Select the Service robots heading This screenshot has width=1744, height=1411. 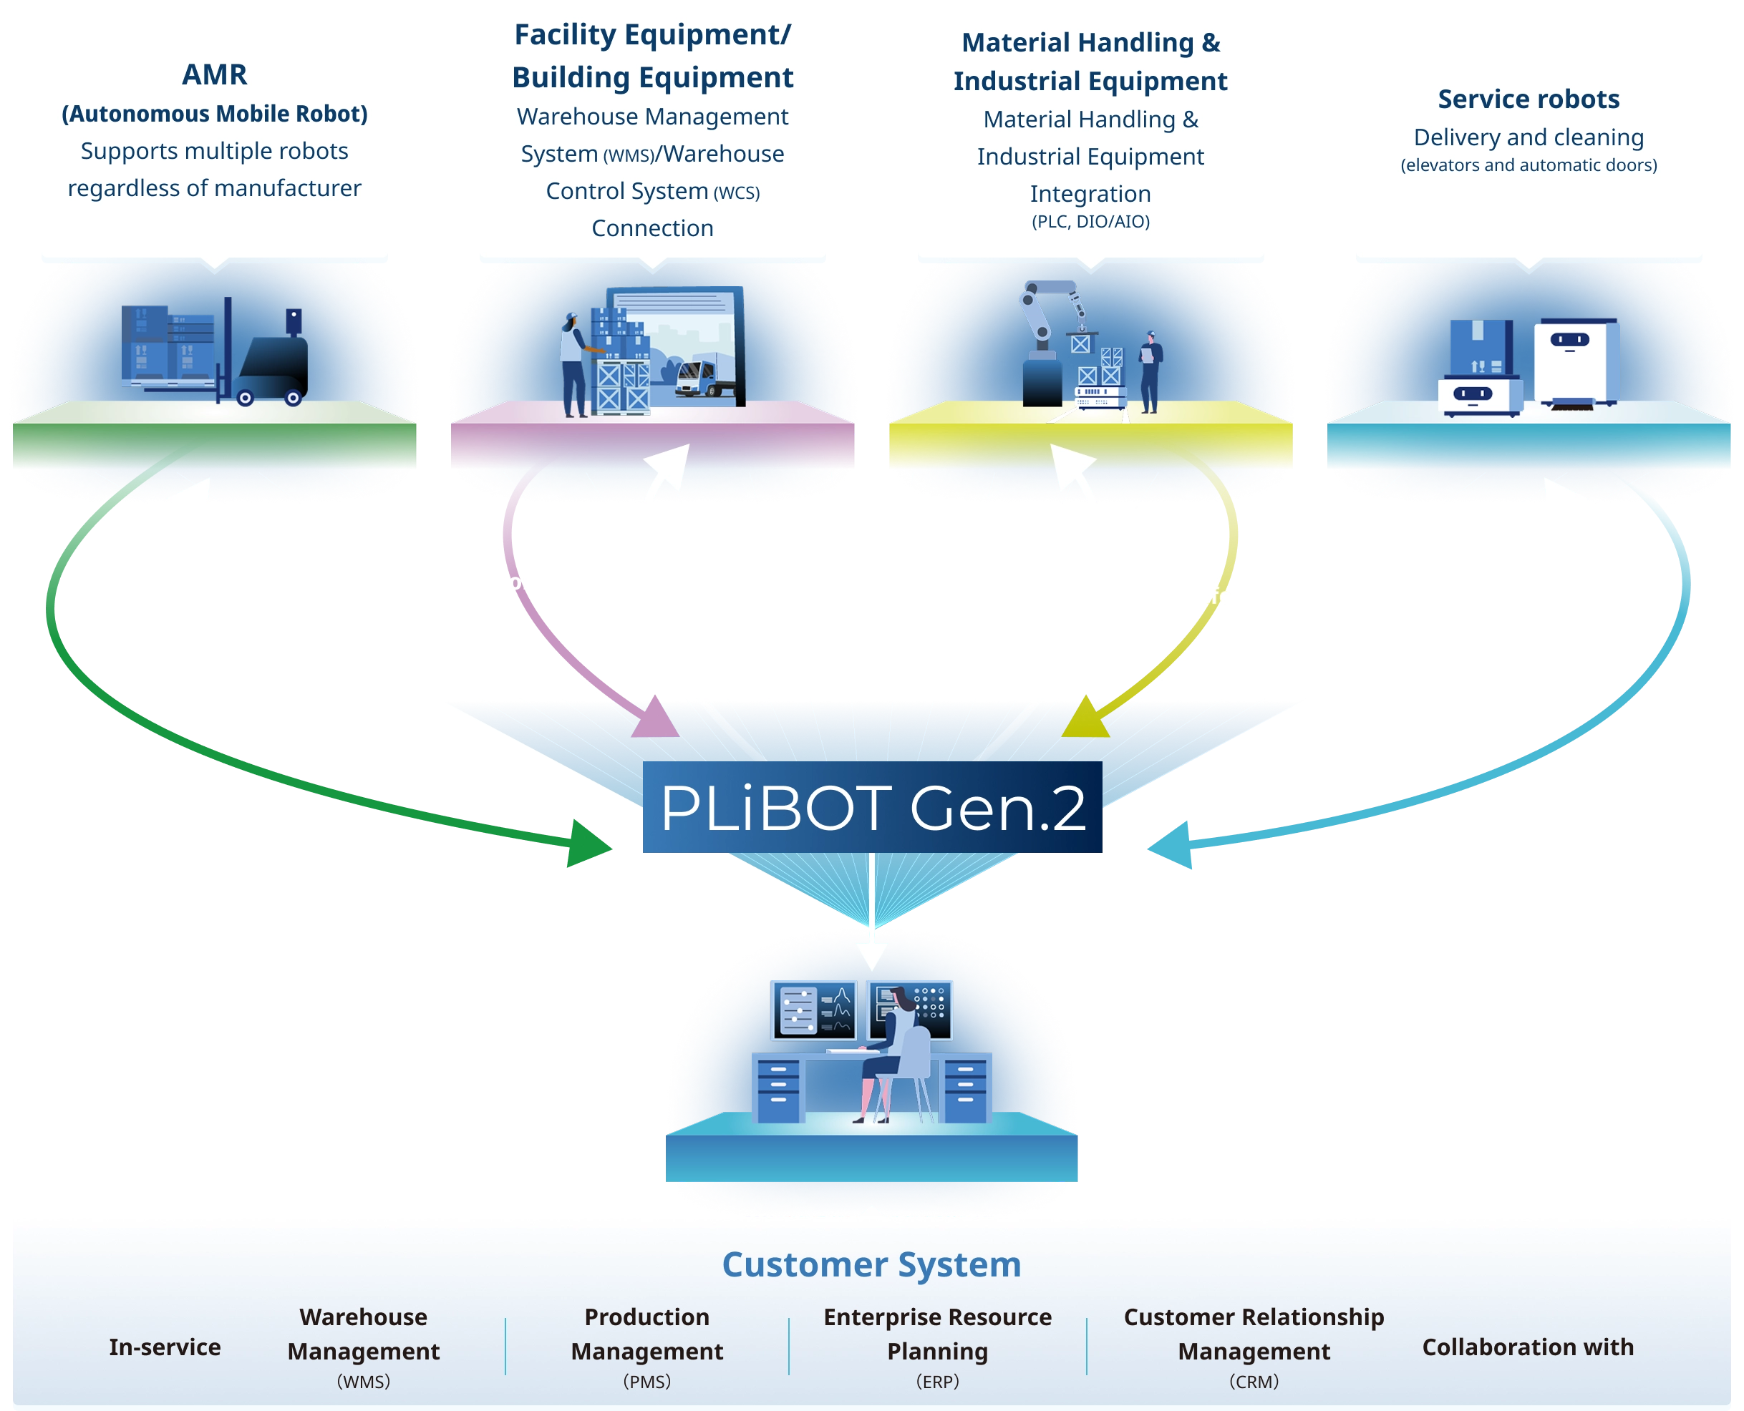tap(1528, 99)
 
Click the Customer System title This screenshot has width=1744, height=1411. tap(871, 1265)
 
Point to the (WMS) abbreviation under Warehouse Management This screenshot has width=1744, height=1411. tap(364, 1382)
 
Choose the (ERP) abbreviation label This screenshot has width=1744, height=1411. tap(937, 1382)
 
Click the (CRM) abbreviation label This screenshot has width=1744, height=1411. tap(1254, 1382)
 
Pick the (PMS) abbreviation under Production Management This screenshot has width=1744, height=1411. tap(646, 1382)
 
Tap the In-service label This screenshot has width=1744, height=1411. tap(165, 1347)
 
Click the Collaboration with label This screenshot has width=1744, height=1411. tap(1527, 1347)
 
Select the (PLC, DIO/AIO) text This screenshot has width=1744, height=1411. tap(1090, 222)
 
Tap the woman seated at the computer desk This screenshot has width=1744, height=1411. tap(893, 1048)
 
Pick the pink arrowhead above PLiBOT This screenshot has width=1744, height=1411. tap(654, 718)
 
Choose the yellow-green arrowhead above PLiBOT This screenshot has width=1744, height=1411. tap(1085, 719)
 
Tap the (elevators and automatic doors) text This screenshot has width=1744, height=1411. tap(1528, 166)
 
